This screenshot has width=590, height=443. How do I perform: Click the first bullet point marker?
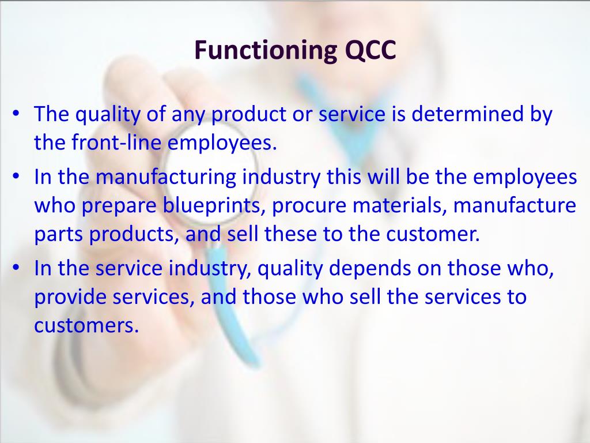(x=17, y=114)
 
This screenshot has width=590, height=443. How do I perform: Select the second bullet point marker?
(x=17, y=177)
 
